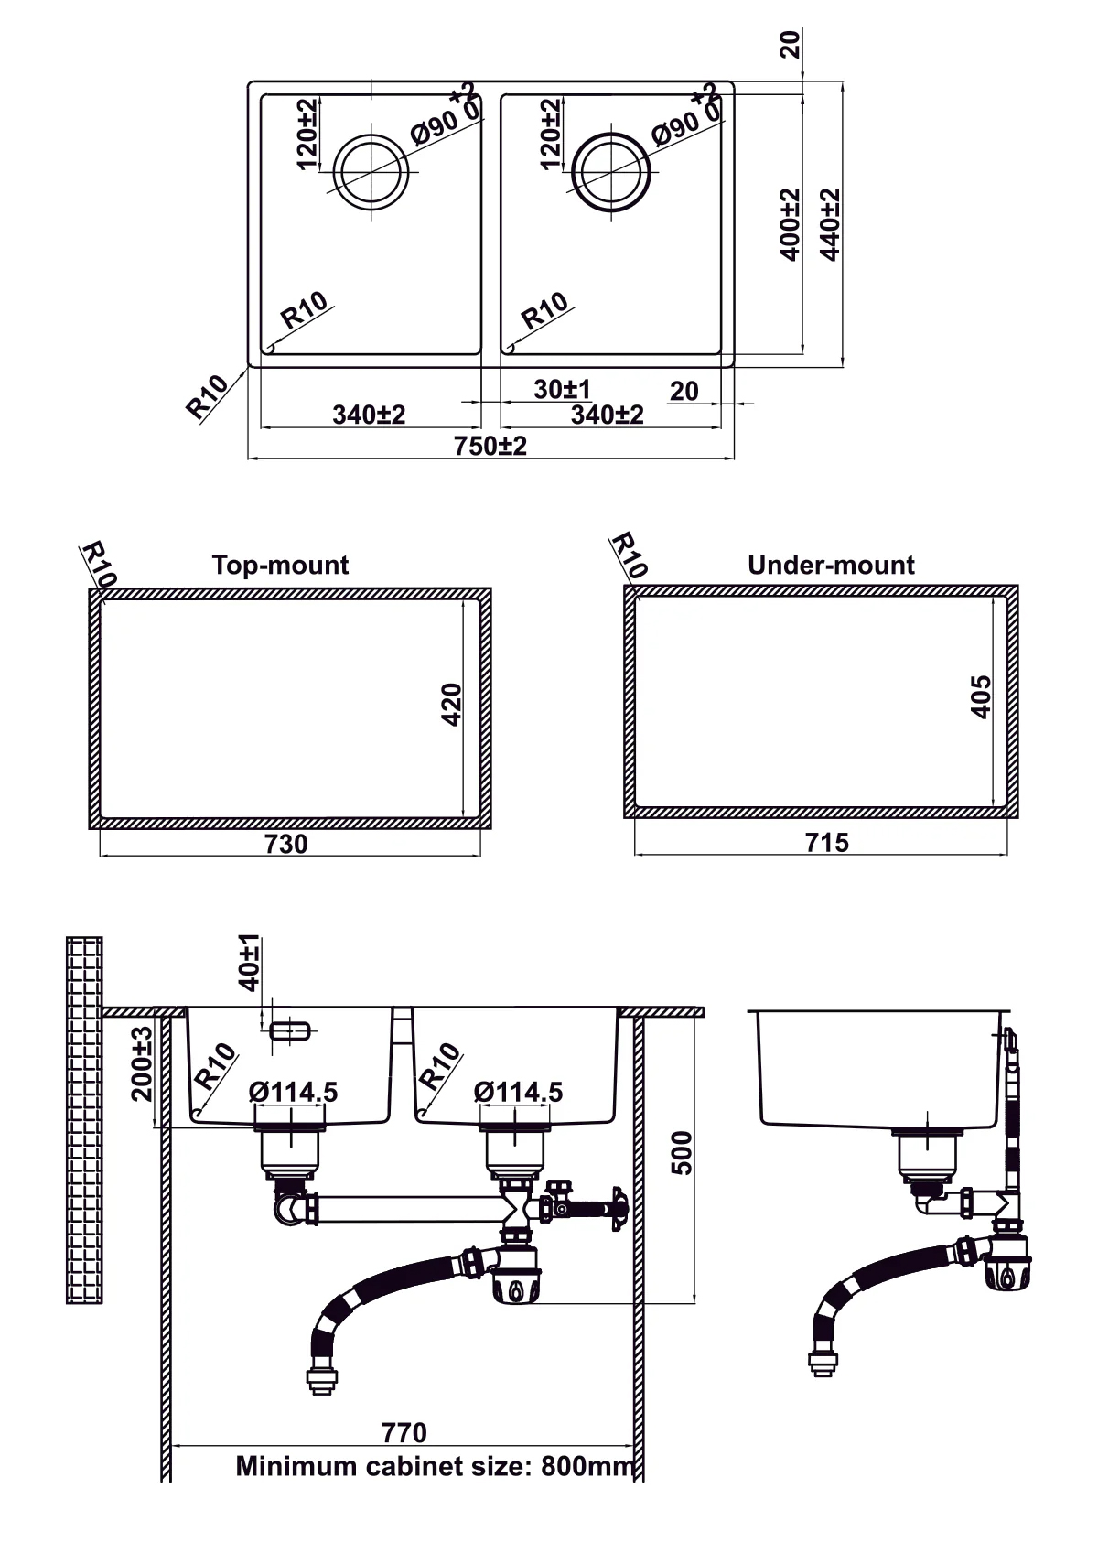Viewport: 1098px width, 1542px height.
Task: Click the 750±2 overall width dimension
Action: (490, 446)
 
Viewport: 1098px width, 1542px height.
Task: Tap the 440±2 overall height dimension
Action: (830, 224)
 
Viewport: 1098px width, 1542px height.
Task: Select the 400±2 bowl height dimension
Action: (791, 224)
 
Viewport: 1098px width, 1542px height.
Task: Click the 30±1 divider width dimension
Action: (562, 389)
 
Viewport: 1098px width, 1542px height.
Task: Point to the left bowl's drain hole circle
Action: (370, 171)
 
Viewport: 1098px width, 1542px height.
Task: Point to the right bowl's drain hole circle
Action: (611, 171)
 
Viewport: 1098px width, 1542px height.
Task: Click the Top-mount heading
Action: (280, 565)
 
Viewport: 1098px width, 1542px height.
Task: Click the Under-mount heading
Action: (830, 565)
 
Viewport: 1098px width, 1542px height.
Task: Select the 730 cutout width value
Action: (285, 844)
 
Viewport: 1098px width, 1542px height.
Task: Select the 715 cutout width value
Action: (826, 842)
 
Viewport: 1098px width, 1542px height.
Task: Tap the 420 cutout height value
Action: (452, 704)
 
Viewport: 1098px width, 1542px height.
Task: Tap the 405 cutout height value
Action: (980, 696)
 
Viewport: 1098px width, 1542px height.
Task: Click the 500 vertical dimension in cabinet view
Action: (681, 1152)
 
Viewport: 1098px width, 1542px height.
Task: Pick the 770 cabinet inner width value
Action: (404, 1431)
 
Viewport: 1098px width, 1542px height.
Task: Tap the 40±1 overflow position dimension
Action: (249, 962)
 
